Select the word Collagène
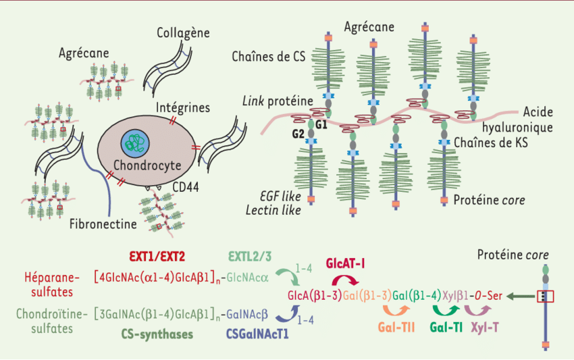[183, 33]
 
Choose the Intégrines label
[182, 107]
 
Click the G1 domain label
[321, 124]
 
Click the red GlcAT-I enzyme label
[345, 263]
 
